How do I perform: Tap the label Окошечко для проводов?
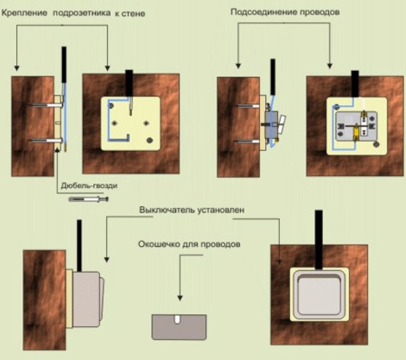tap(189, 245)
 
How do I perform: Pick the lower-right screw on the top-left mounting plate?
tap(148, 140)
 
